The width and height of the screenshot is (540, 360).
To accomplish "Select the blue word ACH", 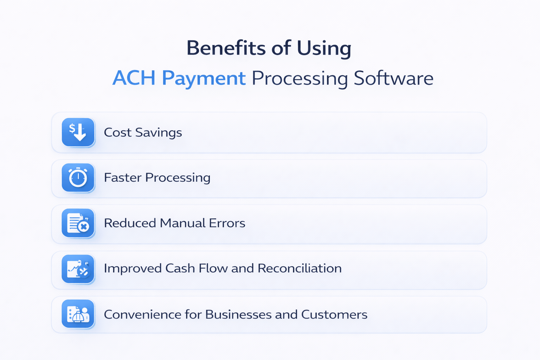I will [134, 78].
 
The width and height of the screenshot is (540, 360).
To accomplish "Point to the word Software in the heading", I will [393, 78].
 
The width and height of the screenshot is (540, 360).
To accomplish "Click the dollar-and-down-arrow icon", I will [78, 132].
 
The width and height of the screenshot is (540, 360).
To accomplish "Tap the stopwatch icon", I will [78, 178].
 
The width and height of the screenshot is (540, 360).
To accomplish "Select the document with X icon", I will [78, 223].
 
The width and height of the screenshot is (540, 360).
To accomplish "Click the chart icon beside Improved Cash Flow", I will [78, 269].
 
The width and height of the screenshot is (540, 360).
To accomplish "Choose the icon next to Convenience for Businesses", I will [78, 314].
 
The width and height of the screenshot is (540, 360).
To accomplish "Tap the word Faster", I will [123, 178].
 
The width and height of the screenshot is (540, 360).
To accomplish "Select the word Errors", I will [227, 223].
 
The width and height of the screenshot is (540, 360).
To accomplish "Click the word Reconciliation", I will [300, 268].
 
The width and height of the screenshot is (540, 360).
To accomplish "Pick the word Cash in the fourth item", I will [180, 268].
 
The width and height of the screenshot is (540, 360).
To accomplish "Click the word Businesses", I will [238, 314].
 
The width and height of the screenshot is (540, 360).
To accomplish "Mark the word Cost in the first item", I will [117, 133].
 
